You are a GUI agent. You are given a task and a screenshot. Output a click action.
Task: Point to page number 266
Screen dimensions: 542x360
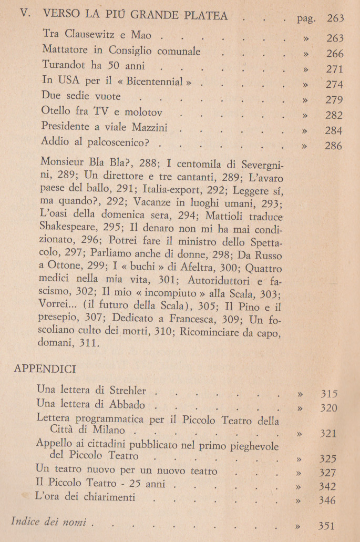(x=334, y=54)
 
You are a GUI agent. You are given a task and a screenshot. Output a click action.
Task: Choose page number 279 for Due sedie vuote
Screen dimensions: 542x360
(x=334, y=100)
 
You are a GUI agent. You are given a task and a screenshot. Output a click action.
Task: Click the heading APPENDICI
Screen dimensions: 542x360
(x=45, y=368)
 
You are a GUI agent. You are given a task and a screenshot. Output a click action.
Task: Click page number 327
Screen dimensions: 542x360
(x=327, y=472)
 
